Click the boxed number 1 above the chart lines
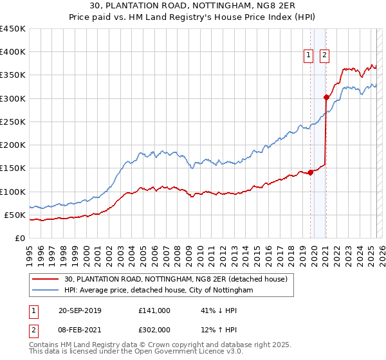click(309, 56)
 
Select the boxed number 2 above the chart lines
click(324, 56)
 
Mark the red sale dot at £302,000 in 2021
click(326, 98)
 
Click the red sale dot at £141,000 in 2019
click(310, 172)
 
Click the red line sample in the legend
click(46, 278)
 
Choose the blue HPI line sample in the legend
click(46, 291)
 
